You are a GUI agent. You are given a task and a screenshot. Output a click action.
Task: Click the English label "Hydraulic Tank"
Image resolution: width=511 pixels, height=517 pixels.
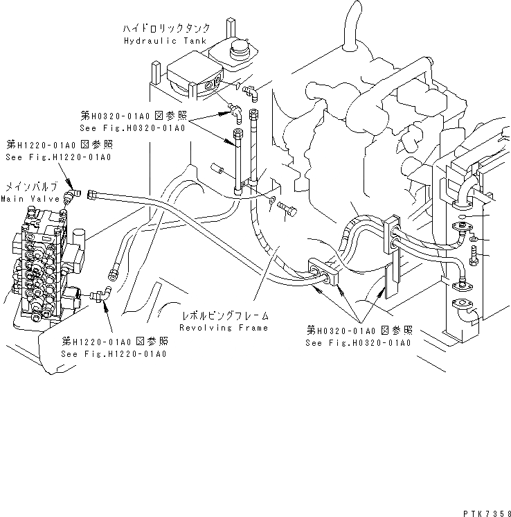pyautogui.click(x=156, y=42)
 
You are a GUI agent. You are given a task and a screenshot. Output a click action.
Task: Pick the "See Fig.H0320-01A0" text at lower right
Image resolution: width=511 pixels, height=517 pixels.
pyautogui.click(x=359, y=342)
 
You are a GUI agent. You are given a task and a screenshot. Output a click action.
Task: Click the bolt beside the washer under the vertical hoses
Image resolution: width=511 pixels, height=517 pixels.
pyautogui.click(x=287, y=209)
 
